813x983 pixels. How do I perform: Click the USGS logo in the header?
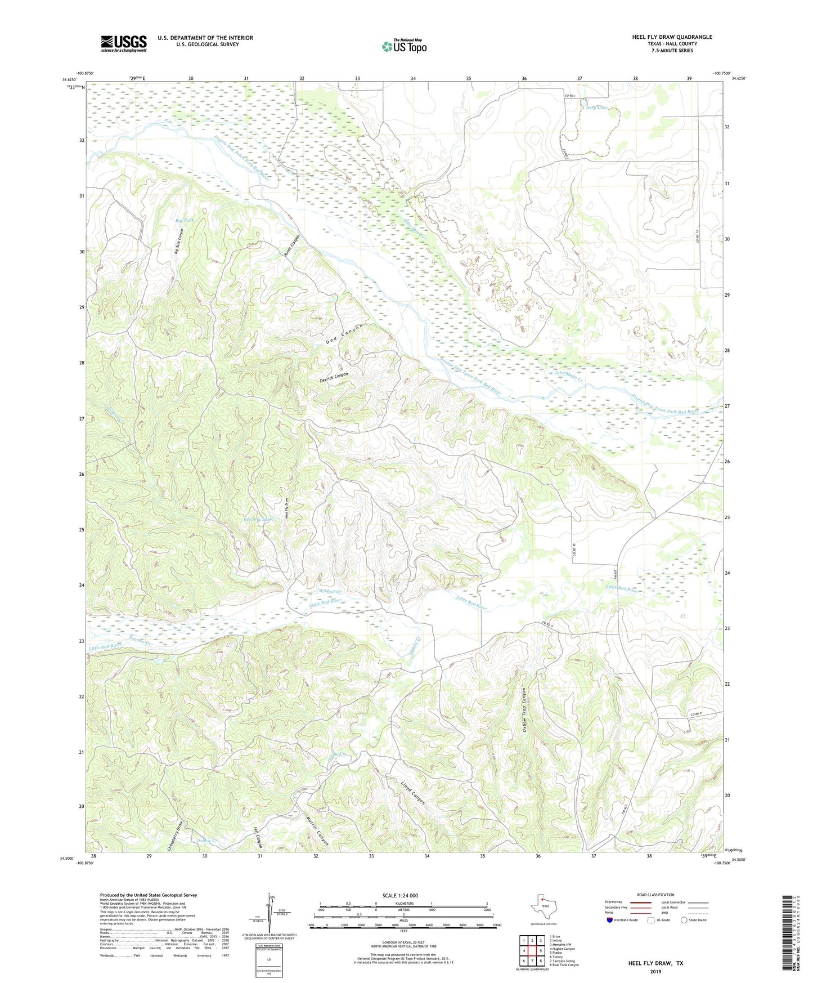coord(124,43)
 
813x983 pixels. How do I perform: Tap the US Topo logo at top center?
coord(403,46)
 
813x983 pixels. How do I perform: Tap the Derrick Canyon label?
coord(334,378)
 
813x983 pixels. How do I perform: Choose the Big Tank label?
coord(185,220)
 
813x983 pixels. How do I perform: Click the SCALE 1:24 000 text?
coord(400,895)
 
